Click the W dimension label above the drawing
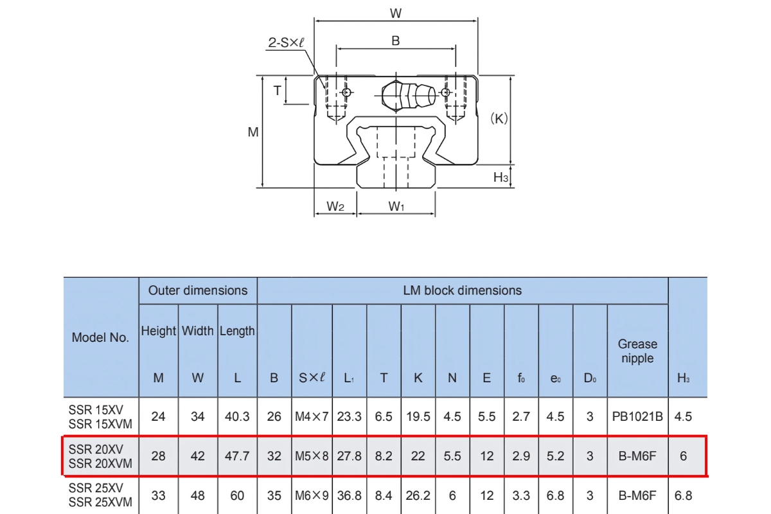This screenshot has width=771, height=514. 396,12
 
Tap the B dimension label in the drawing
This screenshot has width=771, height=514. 396,40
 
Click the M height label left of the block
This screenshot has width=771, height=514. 253,132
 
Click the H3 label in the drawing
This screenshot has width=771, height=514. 501,177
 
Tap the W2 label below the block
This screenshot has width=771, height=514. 335,206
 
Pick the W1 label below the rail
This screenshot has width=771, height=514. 396,206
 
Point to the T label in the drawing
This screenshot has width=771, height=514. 278,91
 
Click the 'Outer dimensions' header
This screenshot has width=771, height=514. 198,290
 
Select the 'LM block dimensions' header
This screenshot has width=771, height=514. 463,290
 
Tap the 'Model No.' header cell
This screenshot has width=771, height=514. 100,337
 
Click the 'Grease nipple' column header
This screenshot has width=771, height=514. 637,351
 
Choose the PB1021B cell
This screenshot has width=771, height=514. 637,416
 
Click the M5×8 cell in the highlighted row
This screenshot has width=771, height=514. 312,456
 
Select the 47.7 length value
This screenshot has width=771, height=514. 237,456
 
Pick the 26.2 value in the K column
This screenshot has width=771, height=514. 418,495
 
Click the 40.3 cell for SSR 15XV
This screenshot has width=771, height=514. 237,416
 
